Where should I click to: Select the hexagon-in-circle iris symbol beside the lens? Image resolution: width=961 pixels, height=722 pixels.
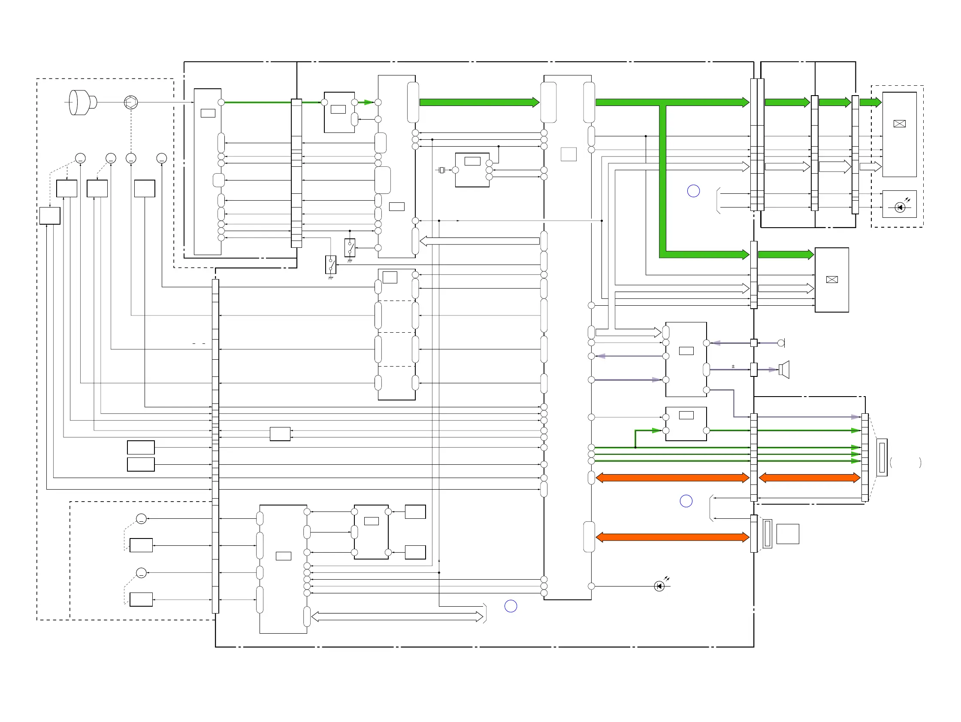point(131,102)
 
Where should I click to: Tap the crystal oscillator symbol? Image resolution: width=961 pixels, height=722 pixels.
point(441,170)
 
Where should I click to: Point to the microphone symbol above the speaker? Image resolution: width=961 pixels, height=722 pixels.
point(781,343)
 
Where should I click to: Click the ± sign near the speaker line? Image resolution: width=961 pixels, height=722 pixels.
point(733,367)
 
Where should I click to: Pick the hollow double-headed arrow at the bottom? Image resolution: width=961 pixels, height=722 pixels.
point(397,617)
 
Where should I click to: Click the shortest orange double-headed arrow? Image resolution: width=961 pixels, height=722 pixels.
point(810,478)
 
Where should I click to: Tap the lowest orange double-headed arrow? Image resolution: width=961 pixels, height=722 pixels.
point(672,538)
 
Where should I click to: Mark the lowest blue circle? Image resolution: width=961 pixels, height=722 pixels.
point(511,606)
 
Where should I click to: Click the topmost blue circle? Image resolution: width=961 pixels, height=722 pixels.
point(693,191)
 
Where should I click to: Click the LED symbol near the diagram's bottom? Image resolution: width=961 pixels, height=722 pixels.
point(659,587)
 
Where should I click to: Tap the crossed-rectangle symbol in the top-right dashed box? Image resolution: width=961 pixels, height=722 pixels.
point(899,124)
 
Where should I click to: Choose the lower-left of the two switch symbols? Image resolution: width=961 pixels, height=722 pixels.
point(331,265)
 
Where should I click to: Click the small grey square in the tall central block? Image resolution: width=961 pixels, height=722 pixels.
point(568,154)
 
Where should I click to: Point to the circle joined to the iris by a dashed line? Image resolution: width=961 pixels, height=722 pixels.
point(131,159)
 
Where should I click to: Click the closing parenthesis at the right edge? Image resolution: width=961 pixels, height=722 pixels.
point(920,462)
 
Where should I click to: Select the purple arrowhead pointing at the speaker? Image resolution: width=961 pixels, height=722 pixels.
point(774,370)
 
